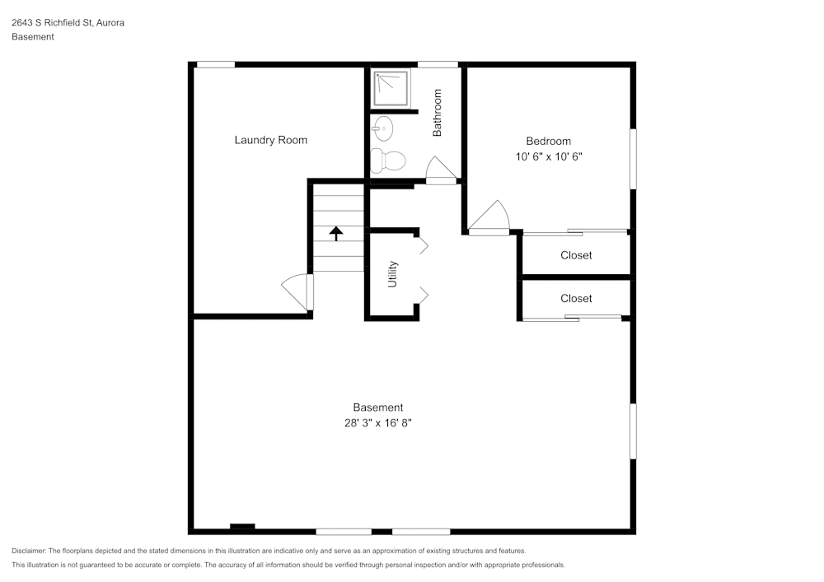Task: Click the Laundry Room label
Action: [x=270, y=140]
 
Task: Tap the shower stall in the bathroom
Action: [x=391, y=89]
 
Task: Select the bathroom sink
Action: [x=382, y=127]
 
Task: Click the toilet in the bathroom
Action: [x=388, y=160]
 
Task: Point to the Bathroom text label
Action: [x=438, y=113]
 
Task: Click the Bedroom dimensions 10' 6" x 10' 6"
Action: [x=548, y=156]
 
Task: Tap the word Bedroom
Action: [x=548, y=141]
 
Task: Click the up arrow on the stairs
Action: [x=336, y=233]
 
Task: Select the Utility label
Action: [x=393, y=274]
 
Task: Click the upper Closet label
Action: [x=576, y=255]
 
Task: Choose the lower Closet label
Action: [x=576, y=298]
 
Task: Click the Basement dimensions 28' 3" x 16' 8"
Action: [x=377, y=422]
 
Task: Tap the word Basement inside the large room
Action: [x=377, y=407]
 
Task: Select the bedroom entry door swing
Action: [x=492, y=218]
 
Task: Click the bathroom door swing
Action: [x=441, y=170]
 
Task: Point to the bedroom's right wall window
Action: [x=633, y=158]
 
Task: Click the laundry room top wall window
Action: [x=215, y=64]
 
